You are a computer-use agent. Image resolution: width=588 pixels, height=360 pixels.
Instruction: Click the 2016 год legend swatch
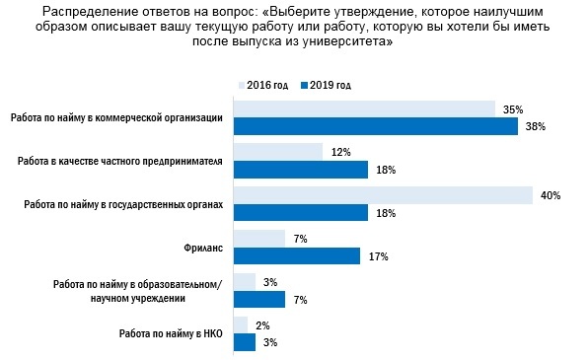coord(243,86)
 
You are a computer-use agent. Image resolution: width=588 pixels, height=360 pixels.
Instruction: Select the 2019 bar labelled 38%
coord(375,126)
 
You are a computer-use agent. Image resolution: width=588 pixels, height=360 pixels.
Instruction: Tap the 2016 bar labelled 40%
coord(382,195)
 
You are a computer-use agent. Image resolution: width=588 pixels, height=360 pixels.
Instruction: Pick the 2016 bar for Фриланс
coord(258,238)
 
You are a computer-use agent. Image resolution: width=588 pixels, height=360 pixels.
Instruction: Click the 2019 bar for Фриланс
coord(296,255)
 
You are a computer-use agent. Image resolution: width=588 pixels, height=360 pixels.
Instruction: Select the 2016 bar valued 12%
coord(277,152)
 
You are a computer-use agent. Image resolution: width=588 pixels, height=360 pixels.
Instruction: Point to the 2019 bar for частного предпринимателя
coord(300,170)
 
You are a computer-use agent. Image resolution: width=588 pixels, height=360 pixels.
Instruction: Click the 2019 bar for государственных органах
coord(300,212)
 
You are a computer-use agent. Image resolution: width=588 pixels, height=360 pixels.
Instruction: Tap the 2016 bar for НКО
coord(240,324)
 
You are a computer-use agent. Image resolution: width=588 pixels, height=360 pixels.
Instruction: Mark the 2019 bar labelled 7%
coord(258,299)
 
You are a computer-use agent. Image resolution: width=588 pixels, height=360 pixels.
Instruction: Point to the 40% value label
coord(550,195)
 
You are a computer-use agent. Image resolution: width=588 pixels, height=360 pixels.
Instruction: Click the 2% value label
coord(262,324)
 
